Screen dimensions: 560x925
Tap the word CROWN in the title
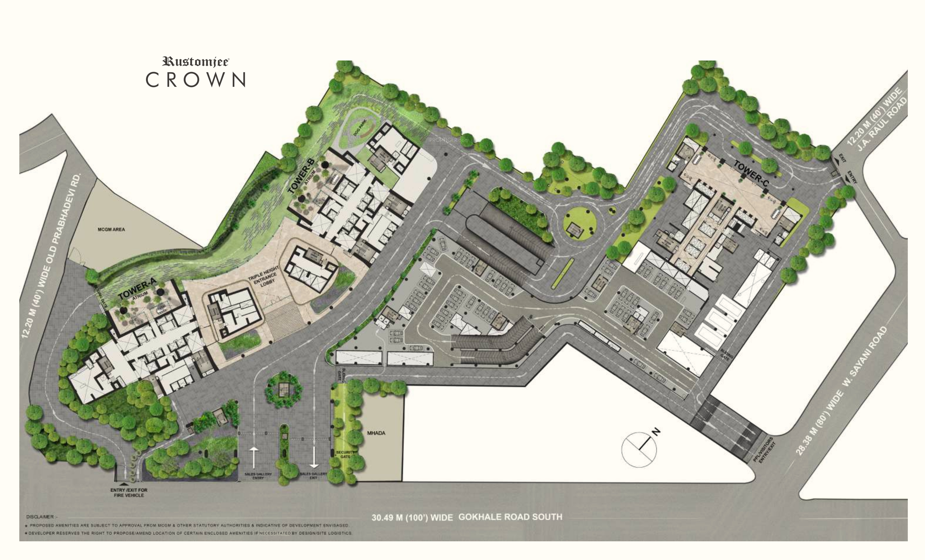coord(196,80)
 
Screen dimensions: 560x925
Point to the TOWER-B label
coord(301,175)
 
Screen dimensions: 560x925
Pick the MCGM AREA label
coord(111,229)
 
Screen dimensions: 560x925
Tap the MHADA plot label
coord(376,433)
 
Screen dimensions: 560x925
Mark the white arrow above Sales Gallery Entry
coord(254,457)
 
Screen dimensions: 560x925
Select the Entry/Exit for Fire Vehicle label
coord(129,493)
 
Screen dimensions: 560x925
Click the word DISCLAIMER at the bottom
coord(40,517)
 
